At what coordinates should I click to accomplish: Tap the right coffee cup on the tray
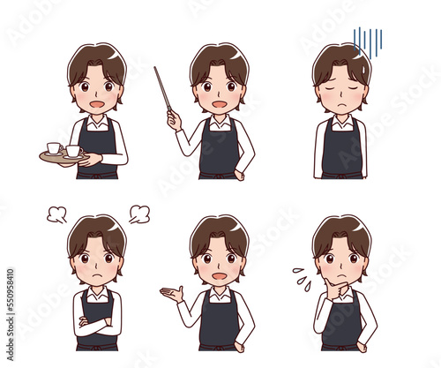tap(72, 151)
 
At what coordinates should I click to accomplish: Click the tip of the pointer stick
tap(156, 69)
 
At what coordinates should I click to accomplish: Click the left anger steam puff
tap(56, 213)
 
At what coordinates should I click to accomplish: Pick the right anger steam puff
tap(138, 213)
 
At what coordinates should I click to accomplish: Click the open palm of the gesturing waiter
tap(170, 292)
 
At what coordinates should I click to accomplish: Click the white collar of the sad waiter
tap(341, 121)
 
